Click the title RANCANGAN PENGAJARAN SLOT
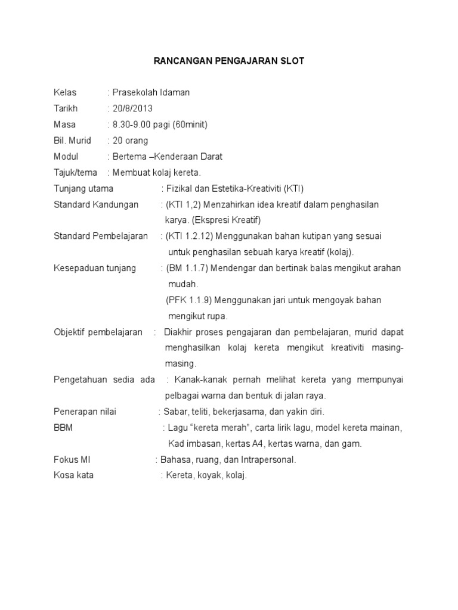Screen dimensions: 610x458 pyautogui.click(x=229, y=61)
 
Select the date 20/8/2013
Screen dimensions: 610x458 pyautogui.click(x=132, y=108)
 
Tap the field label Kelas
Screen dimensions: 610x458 pyautogui.click(x=65, y=92)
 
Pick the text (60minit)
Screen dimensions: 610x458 pyautogui.click(x=190, y=125)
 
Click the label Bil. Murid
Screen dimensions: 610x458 pyautogui.click(x=72, y=141)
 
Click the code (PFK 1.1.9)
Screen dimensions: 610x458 pyautogui.click(x=190, y=300)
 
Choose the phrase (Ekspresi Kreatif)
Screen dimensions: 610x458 pyautogui.click(x=219, y=220)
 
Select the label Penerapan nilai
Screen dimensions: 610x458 pyautogui.click(x=85, y=412)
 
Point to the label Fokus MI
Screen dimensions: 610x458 pyautogui.click(x=72, y=460)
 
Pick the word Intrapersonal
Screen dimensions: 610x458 pyautogui.click(x=268, y=460)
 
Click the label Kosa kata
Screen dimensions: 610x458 pyautogui.click(x=73, y=475)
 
